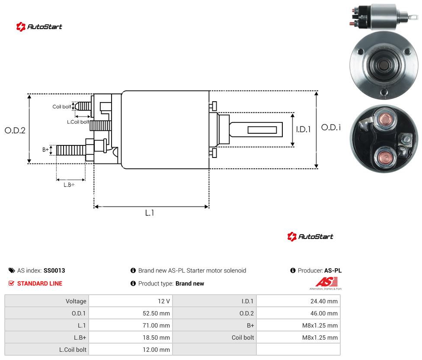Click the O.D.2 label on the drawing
(x=15, y=131)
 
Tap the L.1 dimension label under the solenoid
(x=150, y=213)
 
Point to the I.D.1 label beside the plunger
(x=304, y=129)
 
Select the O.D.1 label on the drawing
(x=331, y=127)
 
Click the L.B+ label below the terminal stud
(x=69, y=185)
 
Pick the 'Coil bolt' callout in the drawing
(x=62, y=106)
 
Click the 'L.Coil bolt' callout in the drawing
(x=78, y=122)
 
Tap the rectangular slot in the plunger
(x=262, y=130)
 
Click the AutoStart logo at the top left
(x=39, y=27)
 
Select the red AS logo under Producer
(x=326, y=282)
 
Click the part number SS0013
(x=54, y=270)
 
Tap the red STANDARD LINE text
(x=40, y=283)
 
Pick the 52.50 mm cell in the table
(x=156, y=313)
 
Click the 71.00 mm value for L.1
(x=156, y=325)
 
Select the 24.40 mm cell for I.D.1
(x=324, y=301)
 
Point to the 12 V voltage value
(x=164, y=301)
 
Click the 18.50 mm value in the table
(x=156, y=337)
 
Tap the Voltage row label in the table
(x=76, y=301)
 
